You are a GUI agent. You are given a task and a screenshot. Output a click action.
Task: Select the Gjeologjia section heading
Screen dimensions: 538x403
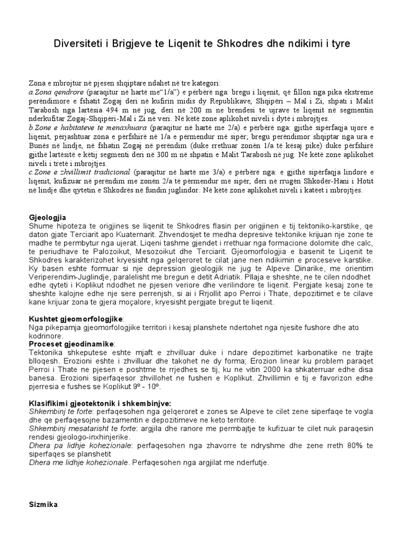click(x=48, y=217)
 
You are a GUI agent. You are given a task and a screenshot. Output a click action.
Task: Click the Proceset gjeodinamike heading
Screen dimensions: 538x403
click(x=72, y=343)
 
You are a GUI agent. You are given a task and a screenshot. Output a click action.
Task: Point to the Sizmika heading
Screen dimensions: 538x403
click(x=43, y=504)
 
